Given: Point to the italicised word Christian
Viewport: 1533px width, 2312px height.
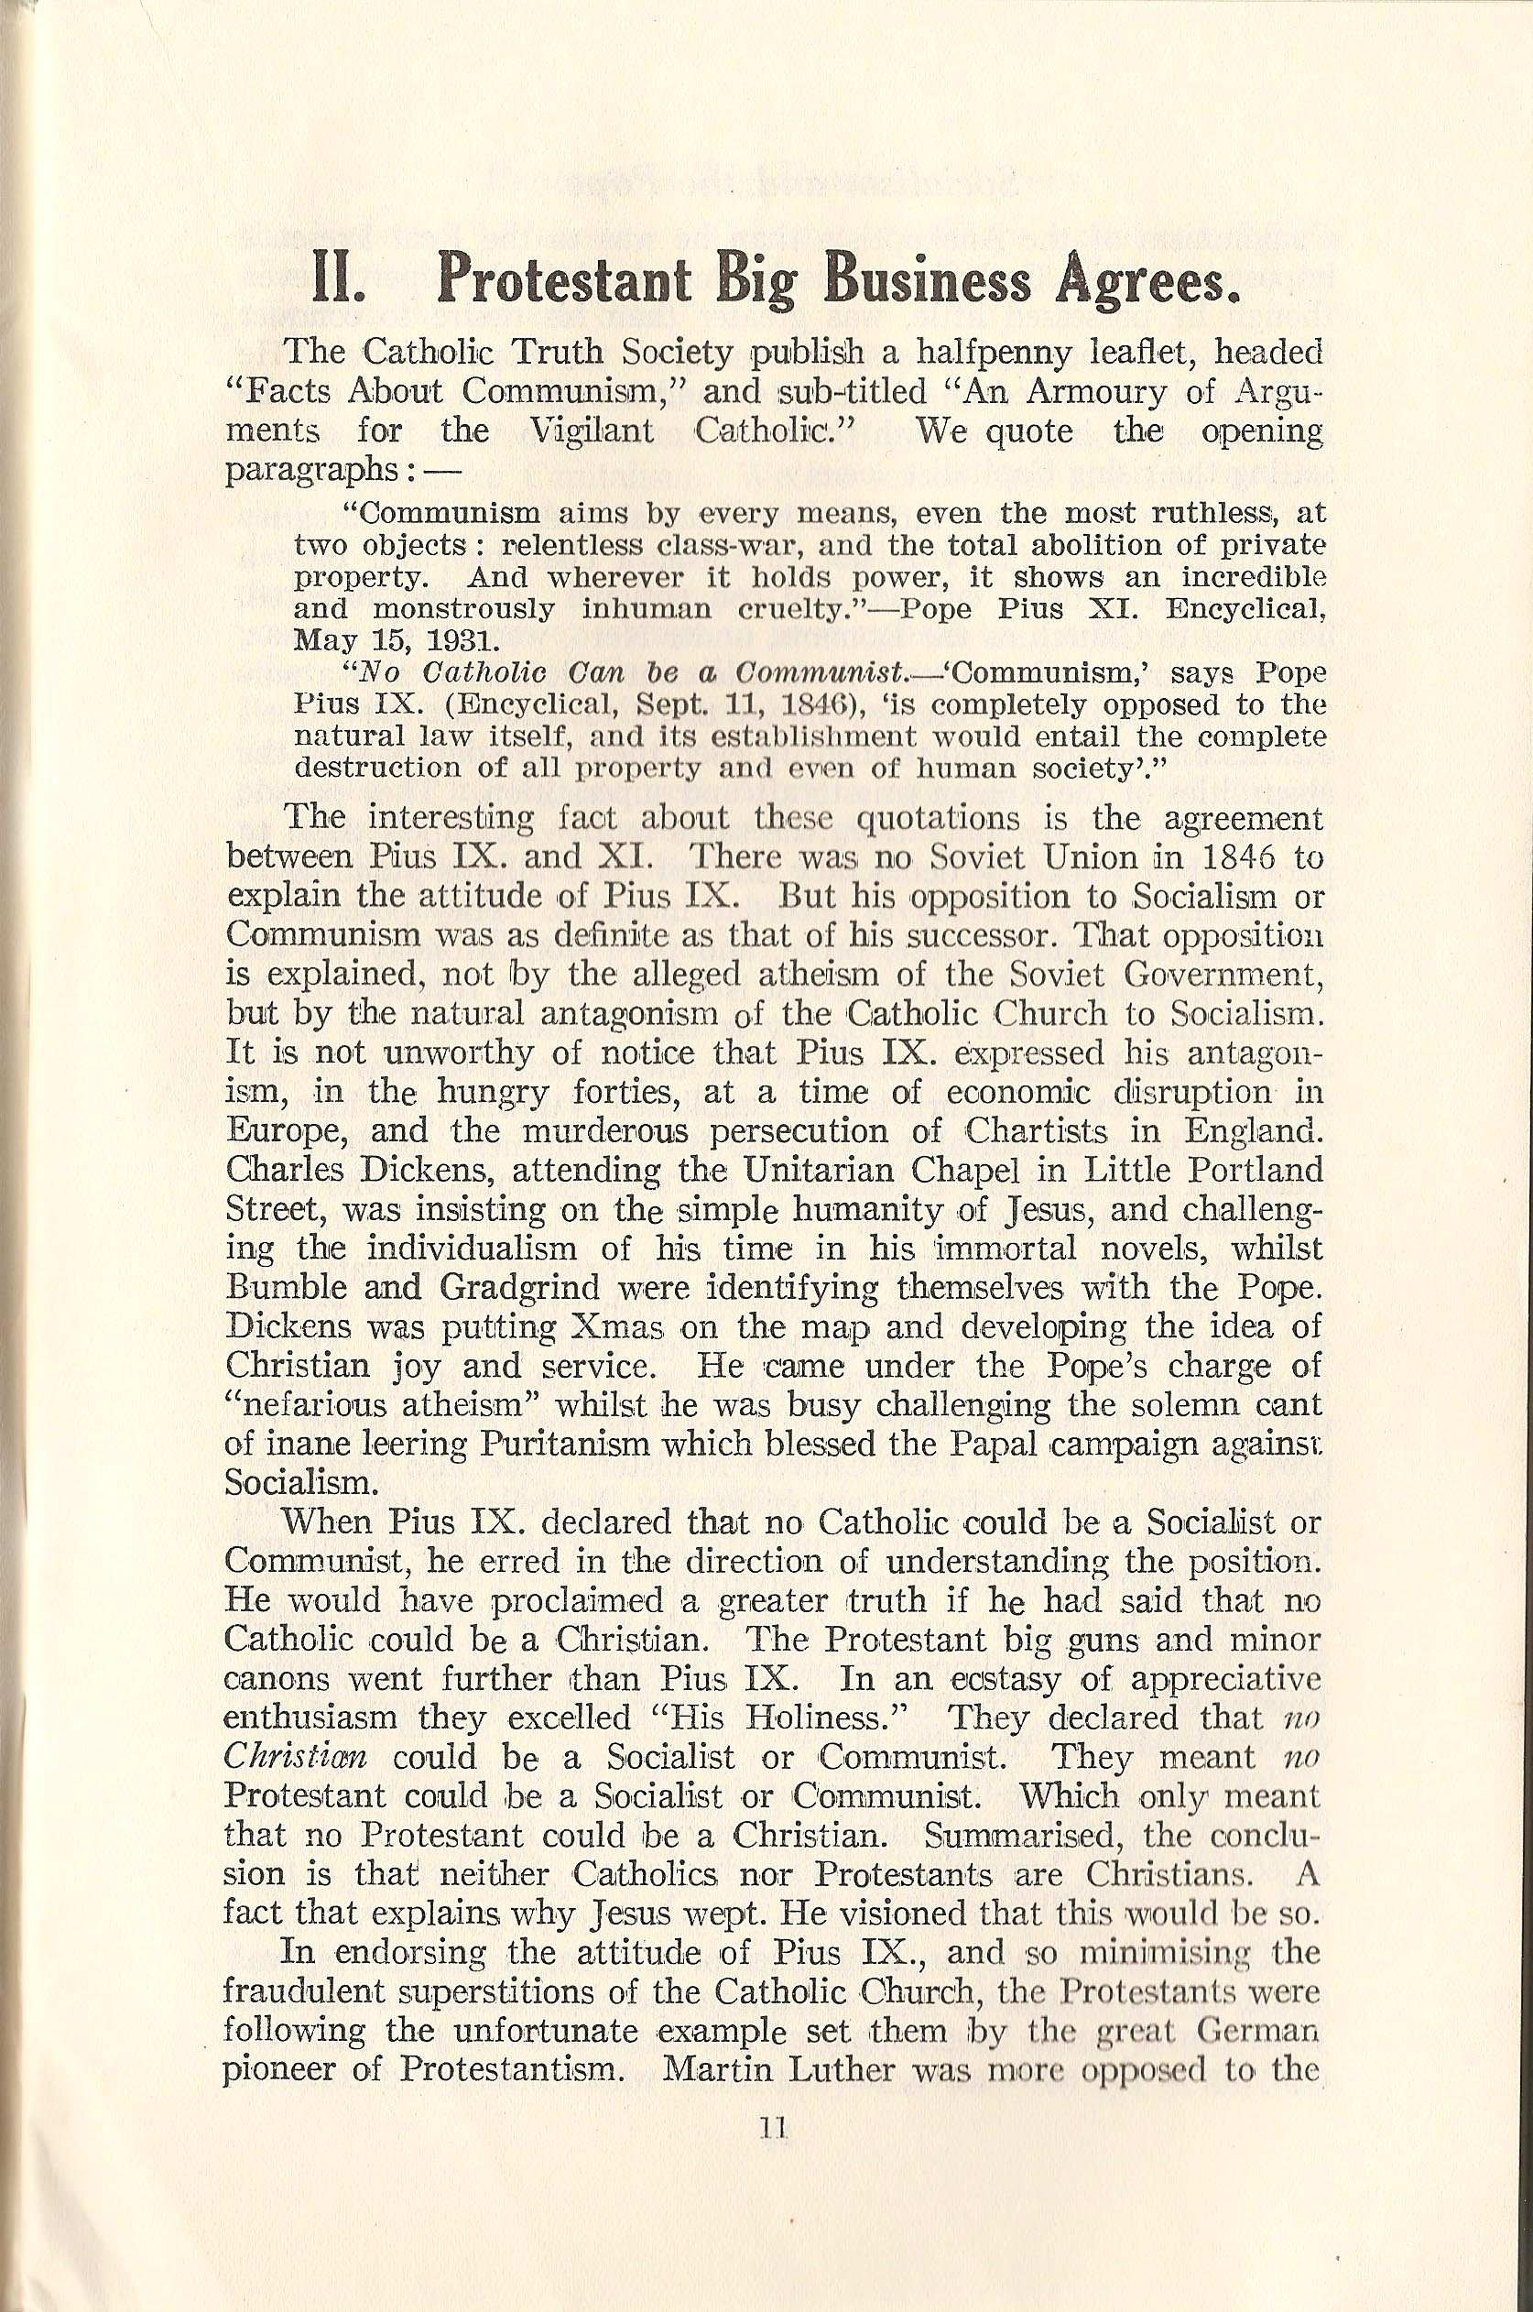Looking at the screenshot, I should [295, 1757].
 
